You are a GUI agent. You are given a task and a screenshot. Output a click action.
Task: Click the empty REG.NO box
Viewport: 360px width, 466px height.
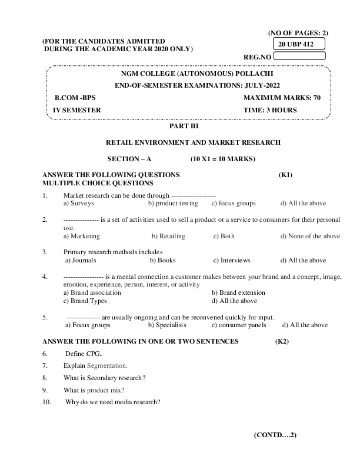(x=300, y=56)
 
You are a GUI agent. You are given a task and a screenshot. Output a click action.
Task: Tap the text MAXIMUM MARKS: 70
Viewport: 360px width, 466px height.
(x=282, y=98)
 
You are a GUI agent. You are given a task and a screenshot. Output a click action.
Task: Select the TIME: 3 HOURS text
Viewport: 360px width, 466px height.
(x=270, y=110)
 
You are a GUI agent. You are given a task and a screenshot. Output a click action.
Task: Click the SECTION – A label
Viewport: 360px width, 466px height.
(x=129, y=159)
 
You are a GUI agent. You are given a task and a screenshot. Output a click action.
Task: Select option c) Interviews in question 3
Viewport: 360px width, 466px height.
(x=232, y=260)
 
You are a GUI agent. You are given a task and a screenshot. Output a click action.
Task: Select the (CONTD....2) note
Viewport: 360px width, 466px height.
(x=275, y=435)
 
